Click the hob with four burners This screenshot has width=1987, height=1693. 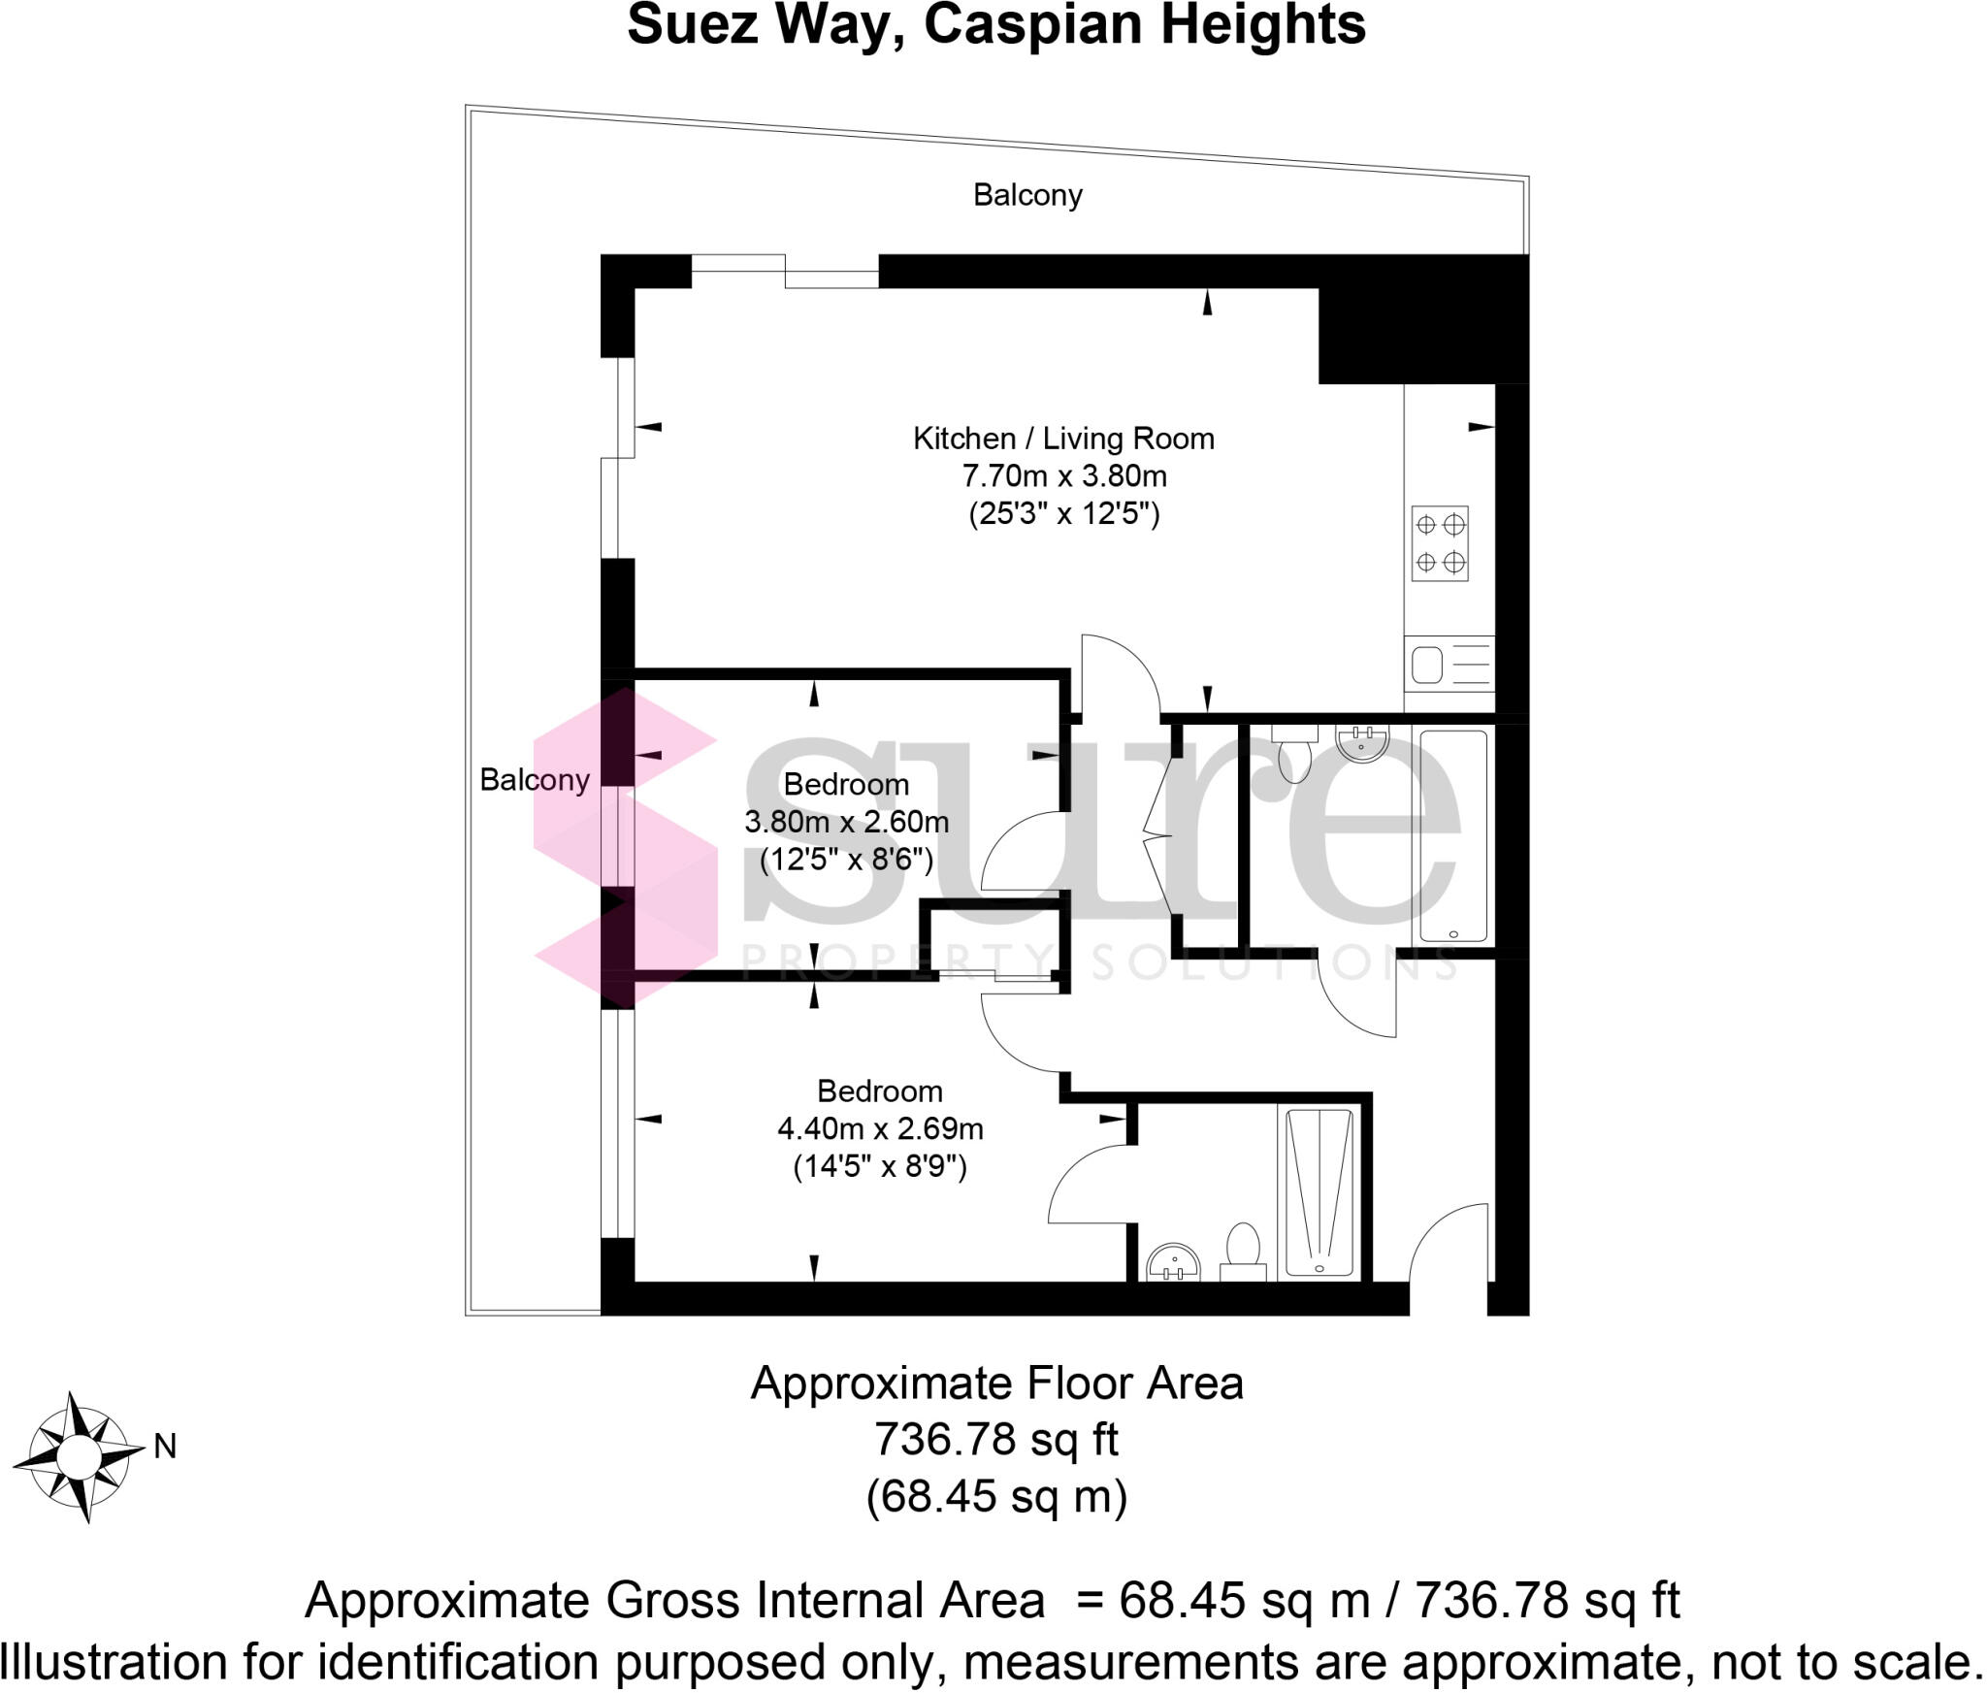[x=1440, y=542]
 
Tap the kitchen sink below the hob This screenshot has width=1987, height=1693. [x=1449, y=666]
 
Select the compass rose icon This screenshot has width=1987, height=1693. [x=78, y=1455]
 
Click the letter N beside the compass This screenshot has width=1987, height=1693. [x=165, y=1447]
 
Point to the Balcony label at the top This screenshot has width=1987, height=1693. [x=1027, y=195]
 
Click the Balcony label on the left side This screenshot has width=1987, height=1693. [x=535, y=779]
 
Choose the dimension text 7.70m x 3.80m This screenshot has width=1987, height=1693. [x=1063, y=476]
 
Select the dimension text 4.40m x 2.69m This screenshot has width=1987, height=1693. [x=880, y=1128]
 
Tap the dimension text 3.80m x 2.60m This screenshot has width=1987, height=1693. [x=846, y=822]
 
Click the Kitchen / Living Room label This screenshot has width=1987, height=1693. [x=1063, y=439]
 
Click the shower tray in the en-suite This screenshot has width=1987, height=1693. [x=1319, y=1192]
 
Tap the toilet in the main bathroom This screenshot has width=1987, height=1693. [x=1294, y=756]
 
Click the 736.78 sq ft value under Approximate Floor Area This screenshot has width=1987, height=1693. [x=996, y=1439]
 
